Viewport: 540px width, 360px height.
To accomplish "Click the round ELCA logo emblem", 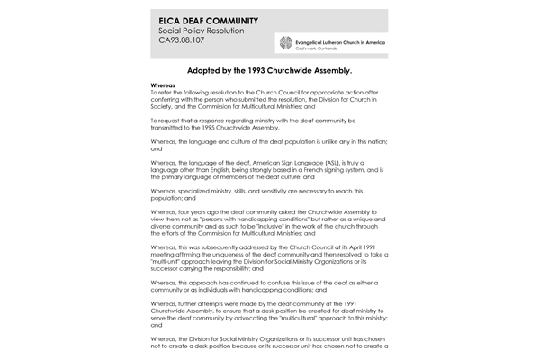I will click(x=287, y=44).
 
